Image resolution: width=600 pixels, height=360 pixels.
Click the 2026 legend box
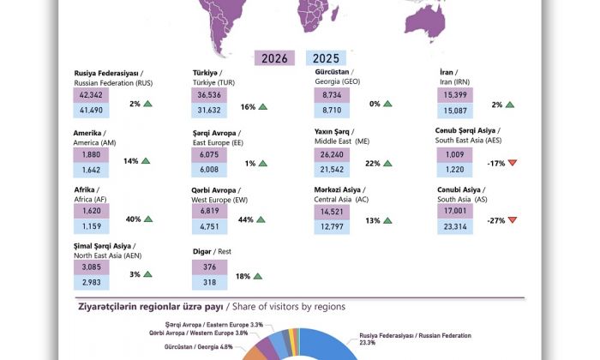point(274,58)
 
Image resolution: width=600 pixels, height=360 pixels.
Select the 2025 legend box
point(321,58)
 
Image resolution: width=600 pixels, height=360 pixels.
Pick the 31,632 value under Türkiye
point(209,110)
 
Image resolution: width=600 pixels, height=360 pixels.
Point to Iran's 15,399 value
point(454,95)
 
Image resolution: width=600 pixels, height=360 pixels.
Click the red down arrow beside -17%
point(513,162)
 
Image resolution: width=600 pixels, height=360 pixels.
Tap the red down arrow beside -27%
point(513,220)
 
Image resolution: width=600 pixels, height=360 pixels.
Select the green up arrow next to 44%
point(261,220)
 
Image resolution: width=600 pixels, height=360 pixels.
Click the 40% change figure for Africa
point(133,220)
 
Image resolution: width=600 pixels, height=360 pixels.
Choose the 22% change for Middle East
point(373,163)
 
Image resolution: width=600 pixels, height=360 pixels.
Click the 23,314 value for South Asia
point(454,227)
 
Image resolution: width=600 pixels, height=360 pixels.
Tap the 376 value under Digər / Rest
point(209,269)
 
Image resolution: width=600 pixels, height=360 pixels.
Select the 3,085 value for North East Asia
point(91,269)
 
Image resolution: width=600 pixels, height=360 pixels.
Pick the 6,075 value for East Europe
point(209,154)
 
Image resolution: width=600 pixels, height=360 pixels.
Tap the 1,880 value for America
point(91,154)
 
